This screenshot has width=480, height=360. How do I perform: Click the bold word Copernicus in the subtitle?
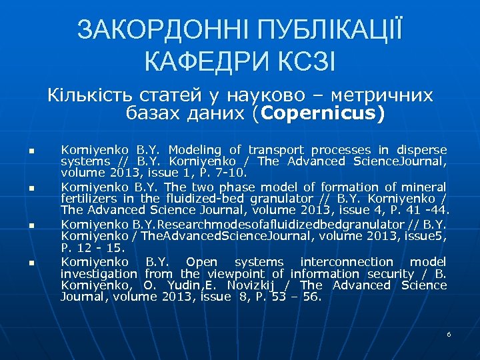[322, 114]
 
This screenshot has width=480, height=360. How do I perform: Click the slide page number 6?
[449, 333]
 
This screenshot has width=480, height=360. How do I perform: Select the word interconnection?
[347, 262]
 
